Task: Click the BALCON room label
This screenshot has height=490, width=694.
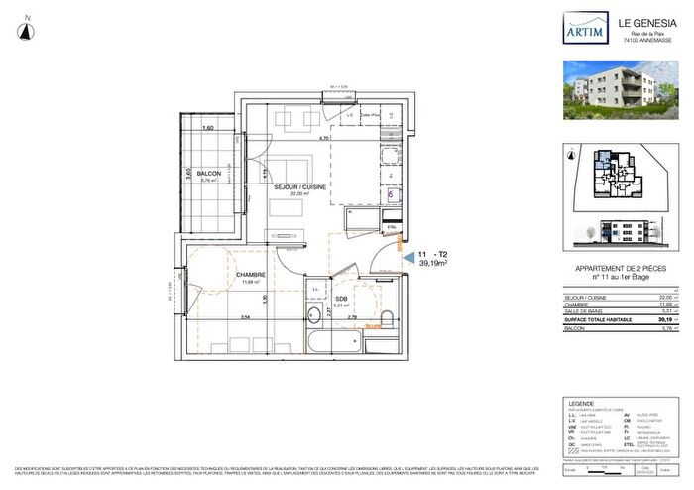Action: coord(208,173)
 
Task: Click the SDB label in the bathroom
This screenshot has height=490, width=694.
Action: coord(340,299)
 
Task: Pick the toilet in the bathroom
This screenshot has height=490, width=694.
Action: coord(387,320)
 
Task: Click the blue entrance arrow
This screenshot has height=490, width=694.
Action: coord(407,256)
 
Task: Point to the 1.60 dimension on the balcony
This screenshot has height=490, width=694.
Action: coord(208,129)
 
